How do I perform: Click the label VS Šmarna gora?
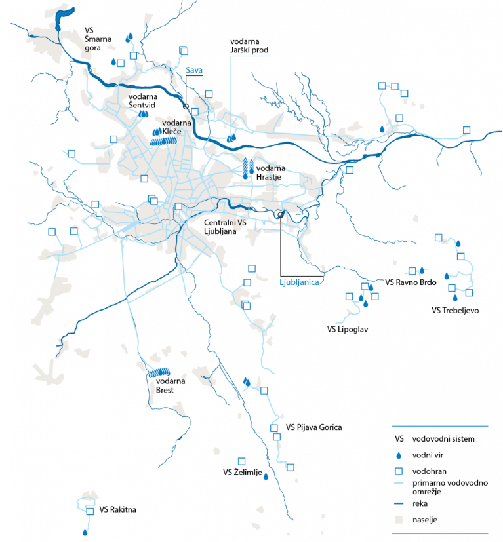click(98, 39)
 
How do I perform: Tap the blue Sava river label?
click(193, 69)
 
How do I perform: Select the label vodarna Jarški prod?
click(249, 45)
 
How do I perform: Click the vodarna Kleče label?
click(176, 127)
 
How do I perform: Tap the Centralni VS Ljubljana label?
click(224, 227)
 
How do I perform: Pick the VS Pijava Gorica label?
click(314, 427)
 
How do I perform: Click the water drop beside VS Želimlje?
click(266, 477)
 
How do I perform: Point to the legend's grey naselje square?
click(397, 519)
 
